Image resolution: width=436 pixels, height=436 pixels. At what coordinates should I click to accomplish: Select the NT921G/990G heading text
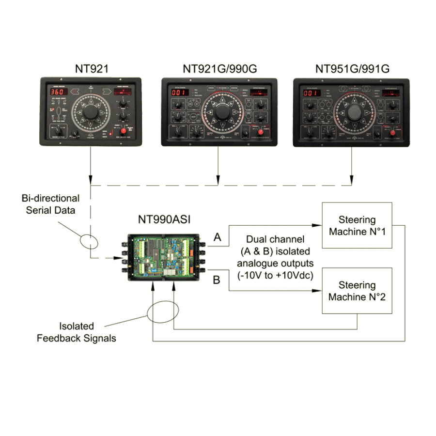[x=219, y=69]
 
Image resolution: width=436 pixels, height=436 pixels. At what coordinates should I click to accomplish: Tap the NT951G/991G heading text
[x=352, y=69]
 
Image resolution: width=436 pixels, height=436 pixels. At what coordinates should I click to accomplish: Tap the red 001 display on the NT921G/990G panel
[x=179, y=93]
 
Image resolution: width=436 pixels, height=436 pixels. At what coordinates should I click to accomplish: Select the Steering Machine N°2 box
[x=357, y=291]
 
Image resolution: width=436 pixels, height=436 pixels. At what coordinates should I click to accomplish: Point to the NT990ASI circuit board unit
[x=164, y=258]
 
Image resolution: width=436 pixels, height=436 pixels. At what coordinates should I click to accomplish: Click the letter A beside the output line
[x=218, y=237]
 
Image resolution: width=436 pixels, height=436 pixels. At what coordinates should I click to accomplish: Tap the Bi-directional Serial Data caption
[x=50, y=204]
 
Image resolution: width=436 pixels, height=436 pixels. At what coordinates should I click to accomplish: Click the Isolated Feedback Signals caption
[x=77, y=332]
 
